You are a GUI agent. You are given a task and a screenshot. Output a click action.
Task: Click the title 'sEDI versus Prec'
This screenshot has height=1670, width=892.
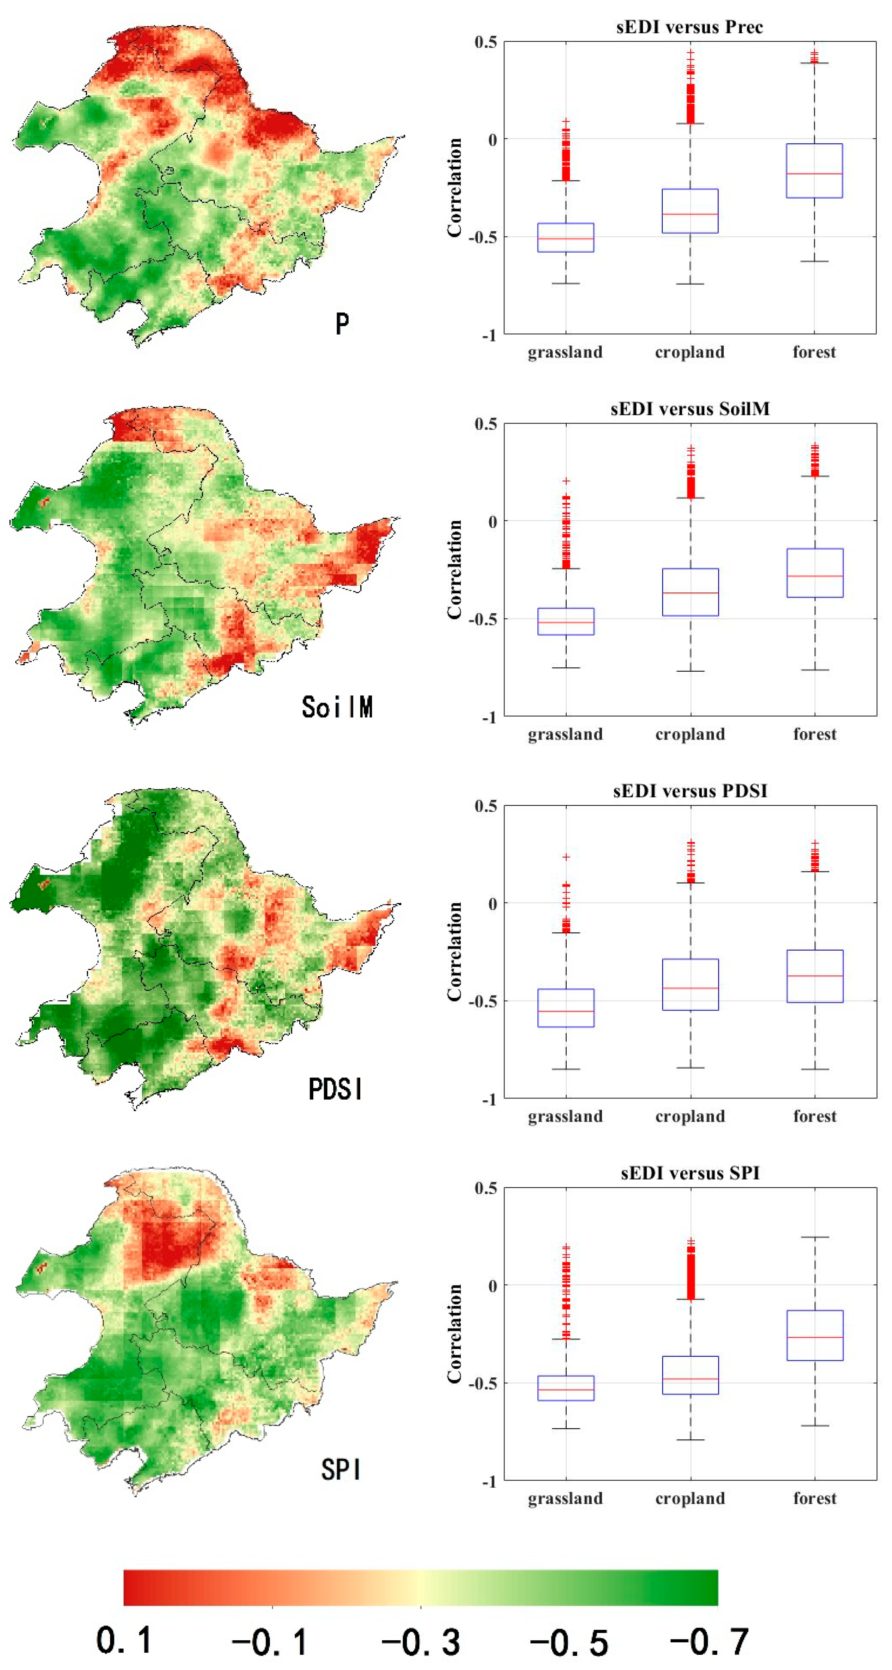(689, 27)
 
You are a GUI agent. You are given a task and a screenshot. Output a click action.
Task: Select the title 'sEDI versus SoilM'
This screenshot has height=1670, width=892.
(690, 409)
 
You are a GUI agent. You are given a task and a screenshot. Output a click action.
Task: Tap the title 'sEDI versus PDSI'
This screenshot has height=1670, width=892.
(690, 791)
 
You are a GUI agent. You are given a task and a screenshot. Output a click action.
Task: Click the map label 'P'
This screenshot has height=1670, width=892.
(342, 323)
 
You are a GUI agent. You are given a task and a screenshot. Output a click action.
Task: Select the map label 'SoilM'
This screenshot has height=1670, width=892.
(337, 707)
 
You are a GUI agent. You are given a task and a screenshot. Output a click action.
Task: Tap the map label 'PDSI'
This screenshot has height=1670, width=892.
(335, 1089)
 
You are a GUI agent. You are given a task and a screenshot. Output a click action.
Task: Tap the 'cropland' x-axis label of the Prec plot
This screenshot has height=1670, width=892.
(690, 352)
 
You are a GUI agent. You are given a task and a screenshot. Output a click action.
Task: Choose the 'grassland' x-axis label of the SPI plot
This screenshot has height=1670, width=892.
(565, 1498)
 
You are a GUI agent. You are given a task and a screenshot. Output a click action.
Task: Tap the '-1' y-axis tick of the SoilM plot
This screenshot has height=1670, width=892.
(490, 717)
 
